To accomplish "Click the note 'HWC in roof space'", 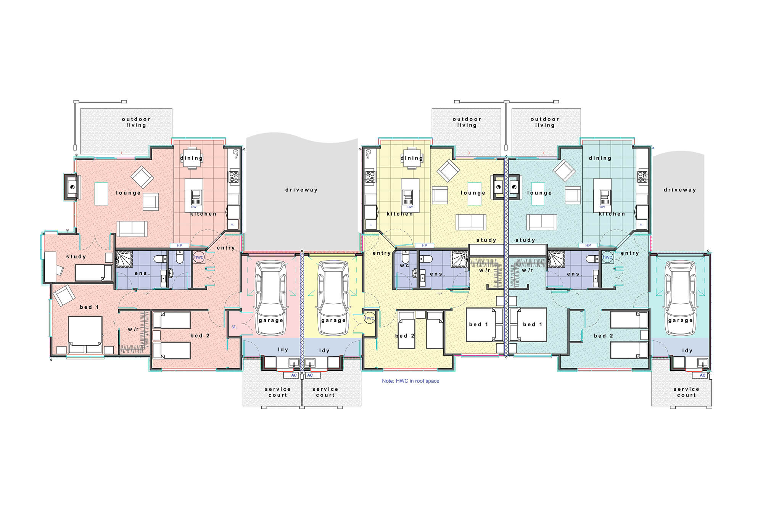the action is pos(410,381).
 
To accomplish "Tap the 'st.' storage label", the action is pos(234,327).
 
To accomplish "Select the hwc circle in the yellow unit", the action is pos(369,318).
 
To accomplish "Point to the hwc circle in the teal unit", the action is pos(607,257).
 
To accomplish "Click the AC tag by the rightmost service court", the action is pos(702,375).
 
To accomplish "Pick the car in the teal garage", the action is pos(681,298).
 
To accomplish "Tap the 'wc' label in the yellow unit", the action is pos(404,265).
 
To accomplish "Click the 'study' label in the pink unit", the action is pos(76,256).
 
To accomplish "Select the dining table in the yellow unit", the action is pos(412,158).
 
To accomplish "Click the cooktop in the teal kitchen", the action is pos(642,177).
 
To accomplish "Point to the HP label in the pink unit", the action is pos(179,245).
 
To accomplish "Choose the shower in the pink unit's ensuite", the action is pos(124,259).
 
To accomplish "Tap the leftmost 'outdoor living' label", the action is pos(136,122).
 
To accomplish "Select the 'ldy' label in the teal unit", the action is pos(687,350).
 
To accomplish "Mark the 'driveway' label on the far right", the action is pos(680,190).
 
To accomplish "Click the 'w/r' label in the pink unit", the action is pos(133,329).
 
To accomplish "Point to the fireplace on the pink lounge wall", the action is pos(72,187).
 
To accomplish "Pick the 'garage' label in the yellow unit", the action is pos(333,321).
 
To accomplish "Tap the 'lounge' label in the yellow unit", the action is pos(473,193).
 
